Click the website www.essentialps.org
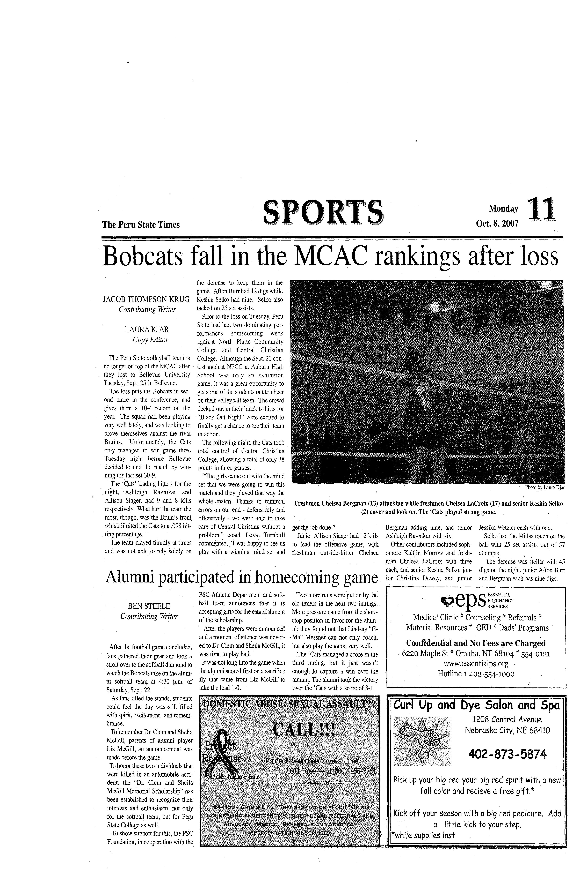476,664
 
